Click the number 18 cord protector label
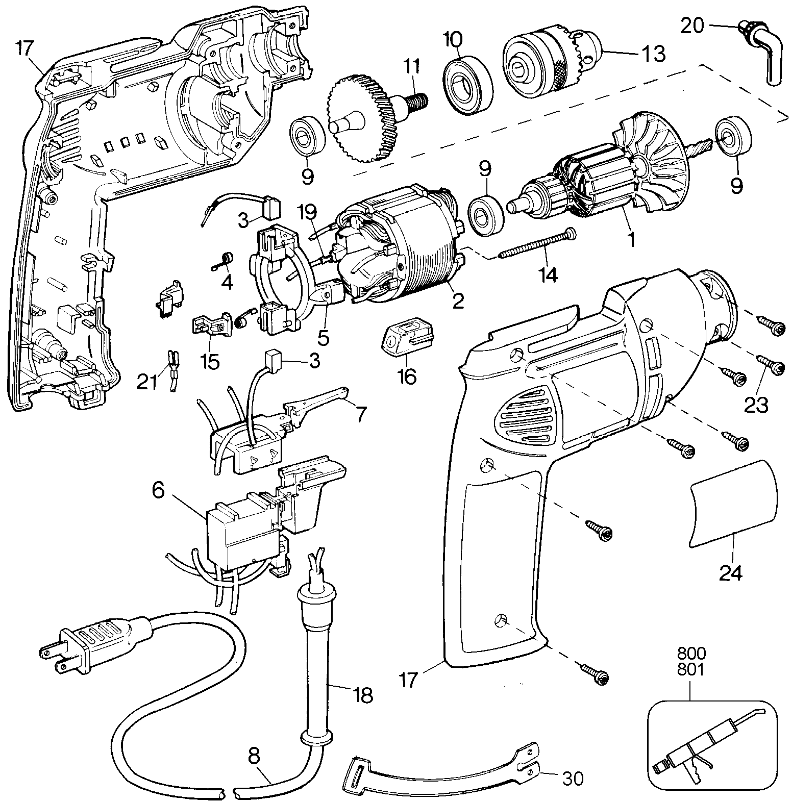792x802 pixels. (361, 694)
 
